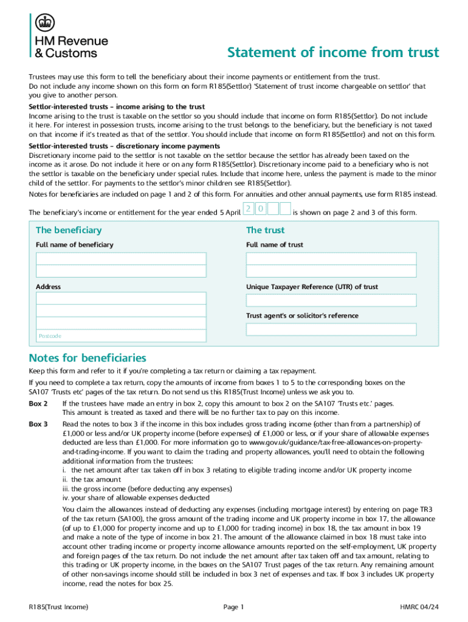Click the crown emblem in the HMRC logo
43,23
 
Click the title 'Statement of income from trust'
332,53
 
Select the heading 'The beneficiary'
69,230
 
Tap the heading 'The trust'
265,230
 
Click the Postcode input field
120,336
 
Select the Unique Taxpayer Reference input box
331,300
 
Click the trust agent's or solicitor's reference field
331,329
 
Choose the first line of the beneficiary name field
120,258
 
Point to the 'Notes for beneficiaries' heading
88,358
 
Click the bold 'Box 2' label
38,403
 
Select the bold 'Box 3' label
38,424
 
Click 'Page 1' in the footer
233,607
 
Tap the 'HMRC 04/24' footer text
419,607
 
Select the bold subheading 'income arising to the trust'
117,106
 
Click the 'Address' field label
48,287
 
